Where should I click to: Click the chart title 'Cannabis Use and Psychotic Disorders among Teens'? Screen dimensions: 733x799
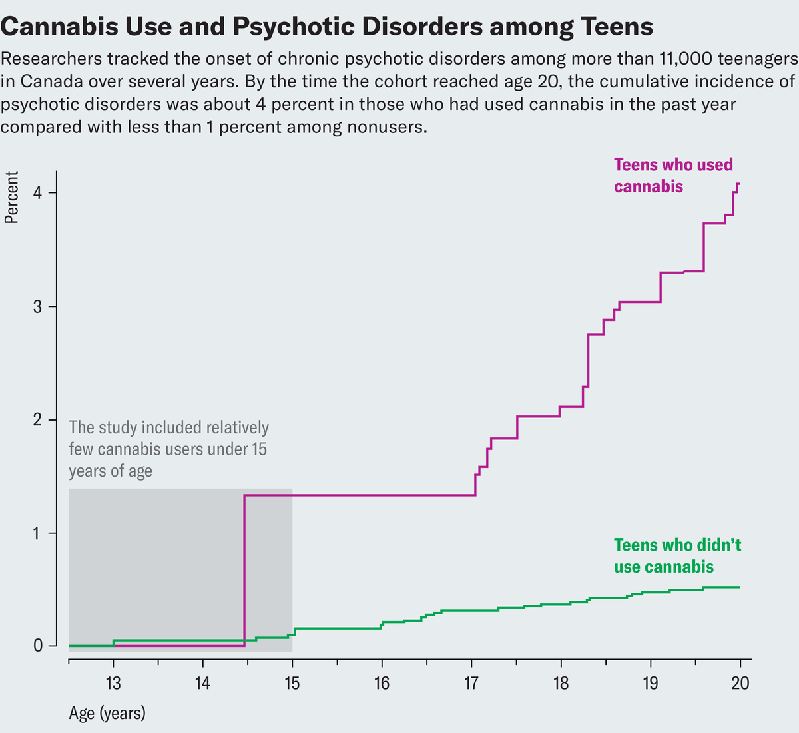pos(327,26)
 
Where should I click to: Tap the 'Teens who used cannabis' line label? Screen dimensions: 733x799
pos(672,176)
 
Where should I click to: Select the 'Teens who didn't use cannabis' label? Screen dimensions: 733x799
pos(677,556)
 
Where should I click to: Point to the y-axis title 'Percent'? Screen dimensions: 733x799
pos(11,197)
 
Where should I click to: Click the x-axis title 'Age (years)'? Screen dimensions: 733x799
pos(107,714)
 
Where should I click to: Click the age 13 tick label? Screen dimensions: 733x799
pos(113,683)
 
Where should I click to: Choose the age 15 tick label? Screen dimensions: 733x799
pos(292,683)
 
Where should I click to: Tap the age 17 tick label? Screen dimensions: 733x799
pos(471,683)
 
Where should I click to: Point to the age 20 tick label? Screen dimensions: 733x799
pos(740,683)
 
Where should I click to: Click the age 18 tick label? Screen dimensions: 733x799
pos(561,683)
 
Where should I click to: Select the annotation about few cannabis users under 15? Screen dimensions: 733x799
pos(169,449)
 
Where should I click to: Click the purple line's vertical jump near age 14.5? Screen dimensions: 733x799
pos(245,573)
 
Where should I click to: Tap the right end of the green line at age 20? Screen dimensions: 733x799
pos(739,587)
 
